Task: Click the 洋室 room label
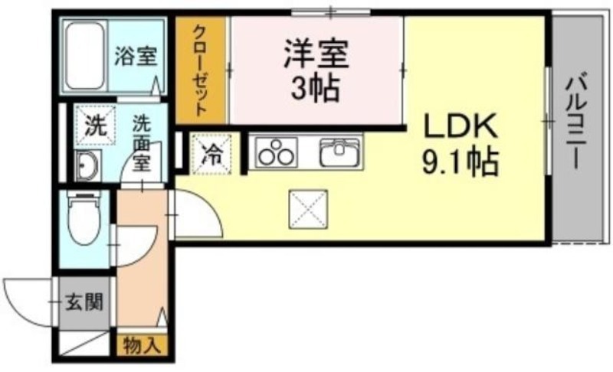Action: coord(316,54)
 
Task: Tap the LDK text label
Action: coord(461,126)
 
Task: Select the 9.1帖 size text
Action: coord(461,162)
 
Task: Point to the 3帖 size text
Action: coord(315,88)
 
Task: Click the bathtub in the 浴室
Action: coord(85,56)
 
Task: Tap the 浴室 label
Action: coord(136,57)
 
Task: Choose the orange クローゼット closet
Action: coord(200,70)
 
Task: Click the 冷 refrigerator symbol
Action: coord(212,153)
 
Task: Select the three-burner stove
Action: coord(277,152)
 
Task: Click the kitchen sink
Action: coord(339,152)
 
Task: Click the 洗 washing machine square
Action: coord(95,126)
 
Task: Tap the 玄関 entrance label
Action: coord(84,302)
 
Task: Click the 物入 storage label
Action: coord(143,345)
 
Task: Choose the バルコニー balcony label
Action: coord(576,122)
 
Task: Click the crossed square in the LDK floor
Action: coord(309,209)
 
